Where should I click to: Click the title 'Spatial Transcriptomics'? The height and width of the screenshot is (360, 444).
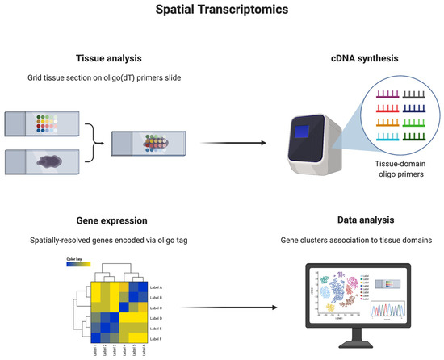pyautogui.click(x=221, y=14)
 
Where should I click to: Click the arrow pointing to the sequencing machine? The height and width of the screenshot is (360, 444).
pyautogui.click(x=222, y=144)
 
